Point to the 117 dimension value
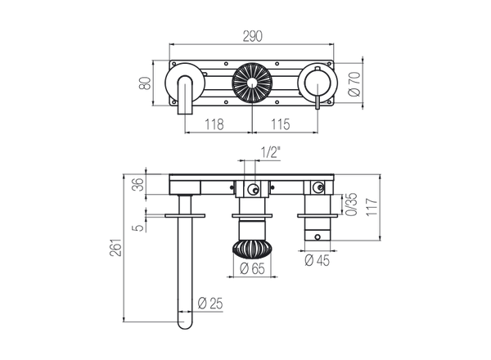(373, 206)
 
